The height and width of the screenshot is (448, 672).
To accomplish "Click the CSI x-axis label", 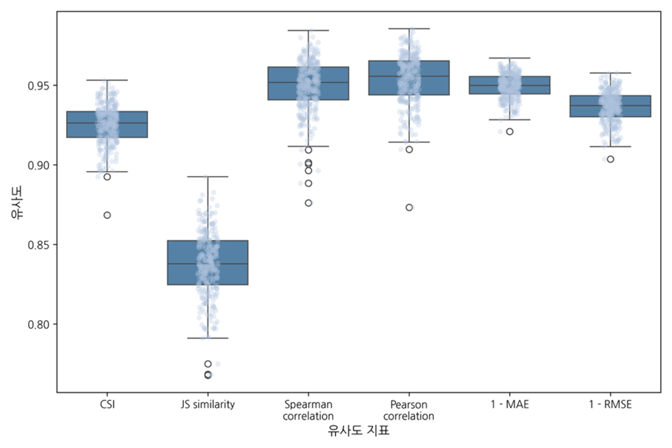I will click(x=107, y=404).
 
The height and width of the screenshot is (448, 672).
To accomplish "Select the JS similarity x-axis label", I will click(x=208, y=404).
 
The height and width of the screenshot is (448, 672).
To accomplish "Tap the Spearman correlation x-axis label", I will click(x=308, y=410).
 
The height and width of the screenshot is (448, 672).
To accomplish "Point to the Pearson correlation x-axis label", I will click(x=409, y=410).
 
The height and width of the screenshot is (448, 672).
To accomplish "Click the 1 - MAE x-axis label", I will click(x=509, y=404).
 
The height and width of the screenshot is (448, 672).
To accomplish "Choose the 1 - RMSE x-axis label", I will click(x=610, y=404).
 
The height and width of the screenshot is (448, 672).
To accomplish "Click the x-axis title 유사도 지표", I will click(x=358, y=431).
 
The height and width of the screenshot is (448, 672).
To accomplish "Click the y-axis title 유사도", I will click(x=17, y=203).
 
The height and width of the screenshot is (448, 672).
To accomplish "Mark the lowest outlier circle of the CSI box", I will click(x=107, y=215).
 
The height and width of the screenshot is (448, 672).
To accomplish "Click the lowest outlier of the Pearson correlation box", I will click(x=409, y=207).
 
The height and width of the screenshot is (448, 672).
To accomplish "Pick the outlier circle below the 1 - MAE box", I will click(x=509, y=132).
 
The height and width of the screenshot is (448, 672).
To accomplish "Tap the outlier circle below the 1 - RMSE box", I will click(x=610, y=159).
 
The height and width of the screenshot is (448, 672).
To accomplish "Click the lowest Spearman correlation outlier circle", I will click(x=308, y=203).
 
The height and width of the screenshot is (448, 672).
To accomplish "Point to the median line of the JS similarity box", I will click(x=207, y=263).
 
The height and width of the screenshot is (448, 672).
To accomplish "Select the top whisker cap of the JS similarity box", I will click(x=207, y=176).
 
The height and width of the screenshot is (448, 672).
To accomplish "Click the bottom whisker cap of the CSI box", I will click(x=107, y=172).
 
